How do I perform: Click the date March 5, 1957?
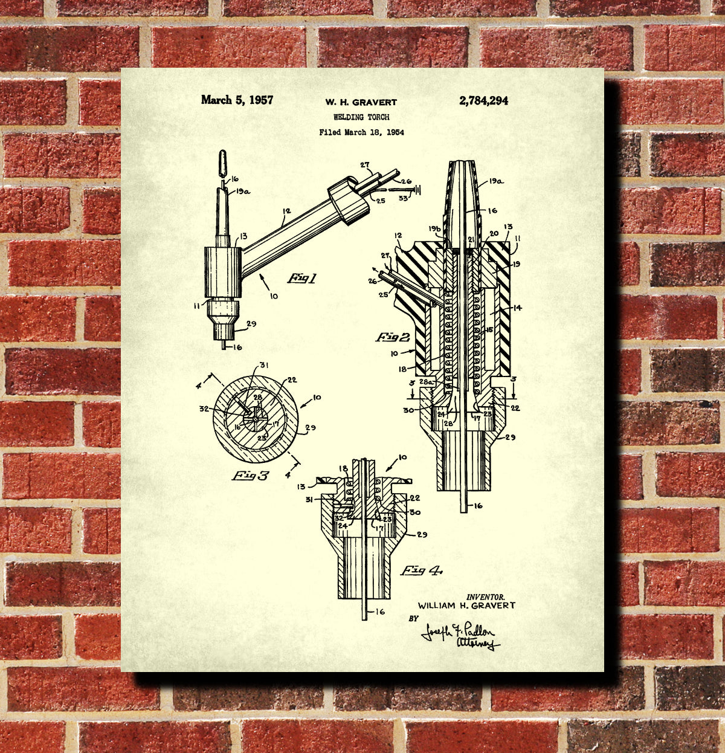point(237,100)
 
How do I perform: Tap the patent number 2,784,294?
point(483,101)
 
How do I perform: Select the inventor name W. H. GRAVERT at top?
point(361,102)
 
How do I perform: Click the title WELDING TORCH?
point(361,117)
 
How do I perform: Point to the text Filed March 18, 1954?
point(361,132)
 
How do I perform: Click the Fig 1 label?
point(301,278)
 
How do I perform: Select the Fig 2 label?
point(393,337)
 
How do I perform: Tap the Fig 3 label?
point(251,476)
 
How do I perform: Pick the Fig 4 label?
point(421,570)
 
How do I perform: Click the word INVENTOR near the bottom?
point(485,596)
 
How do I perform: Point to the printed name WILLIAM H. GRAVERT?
point(466,605)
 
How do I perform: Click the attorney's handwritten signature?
point(460,636)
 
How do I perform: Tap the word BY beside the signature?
point(413,619)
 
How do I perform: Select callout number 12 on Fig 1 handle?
point(286,211)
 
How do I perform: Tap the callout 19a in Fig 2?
point(496,179)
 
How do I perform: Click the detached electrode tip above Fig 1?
point(222,162)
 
